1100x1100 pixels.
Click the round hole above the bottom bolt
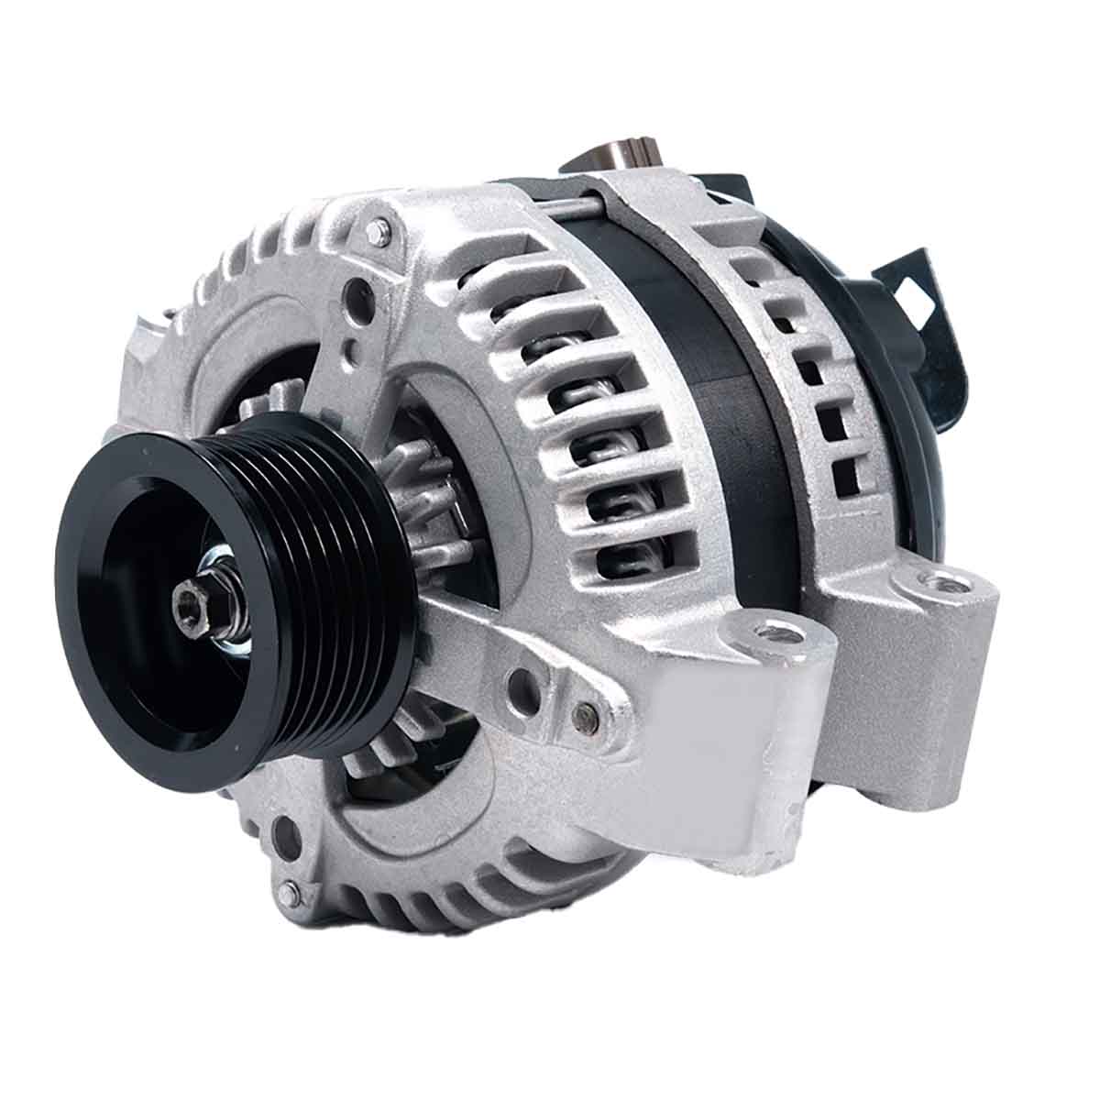287,835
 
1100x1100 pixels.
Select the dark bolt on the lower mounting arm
579,715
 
